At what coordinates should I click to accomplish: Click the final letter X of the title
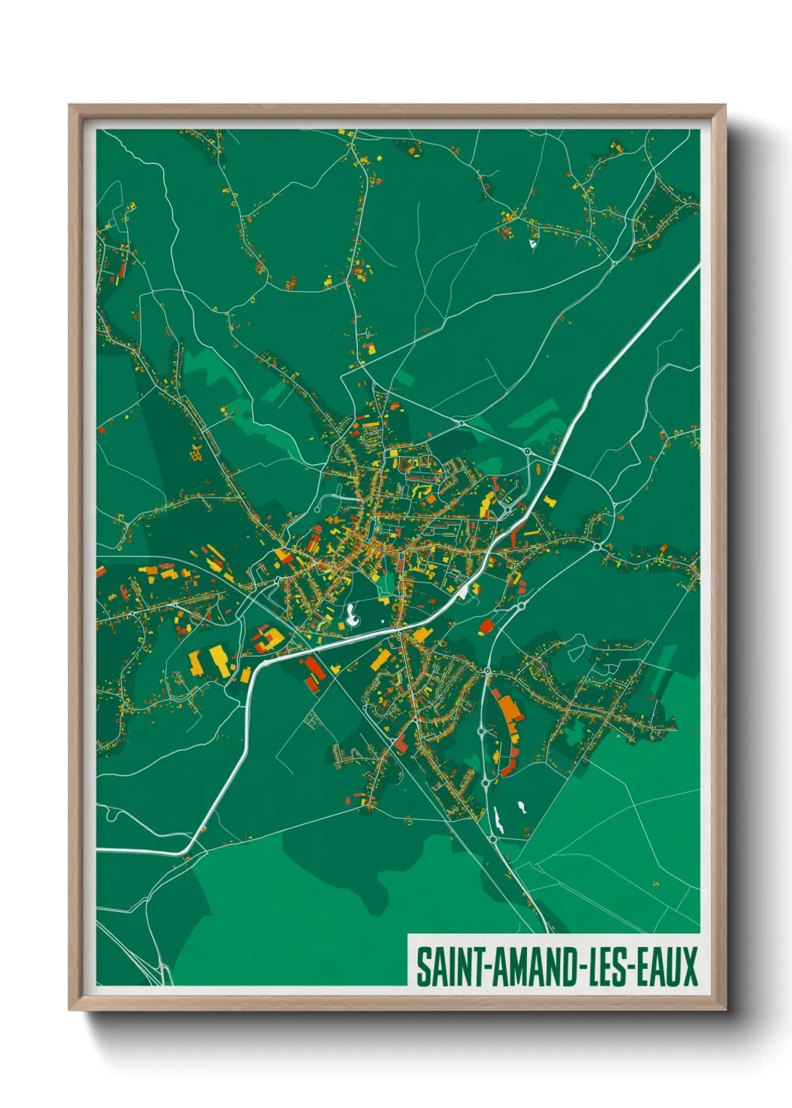point(689,967)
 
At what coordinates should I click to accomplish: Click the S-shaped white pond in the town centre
point(351,615)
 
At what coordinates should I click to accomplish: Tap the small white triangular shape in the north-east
point(533,243)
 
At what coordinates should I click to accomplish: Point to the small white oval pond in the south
point(522,807)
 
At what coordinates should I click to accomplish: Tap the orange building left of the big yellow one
point(195,663)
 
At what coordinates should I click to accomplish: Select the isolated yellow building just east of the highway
point(550,500)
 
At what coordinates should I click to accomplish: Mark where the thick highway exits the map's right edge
point(698,267)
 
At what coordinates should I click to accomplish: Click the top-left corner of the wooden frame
point(70,106)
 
